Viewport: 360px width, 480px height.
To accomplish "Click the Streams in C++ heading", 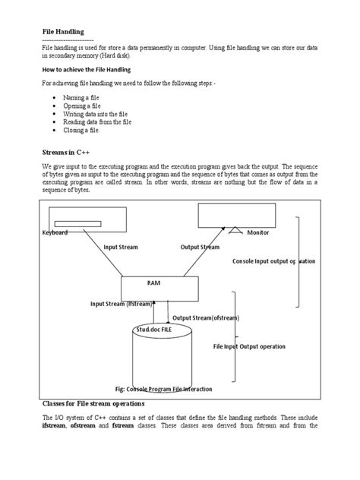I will click(69, 153).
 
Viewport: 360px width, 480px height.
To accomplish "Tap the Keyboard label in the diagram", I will click(55, 232).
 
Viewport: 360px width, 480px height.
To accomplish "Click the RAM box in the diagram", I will click(154, 287).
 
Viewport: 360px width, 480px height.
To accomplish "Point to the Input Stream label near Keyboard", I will click(126, 248).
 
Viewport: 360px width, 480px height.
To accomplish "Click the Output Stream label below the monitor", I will click(200, 248).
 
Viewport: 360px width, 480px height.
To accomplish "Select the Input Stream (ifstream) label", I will click(121, 303).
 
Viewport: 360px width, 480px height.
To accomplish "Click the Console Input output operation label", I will click(273, 261).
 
